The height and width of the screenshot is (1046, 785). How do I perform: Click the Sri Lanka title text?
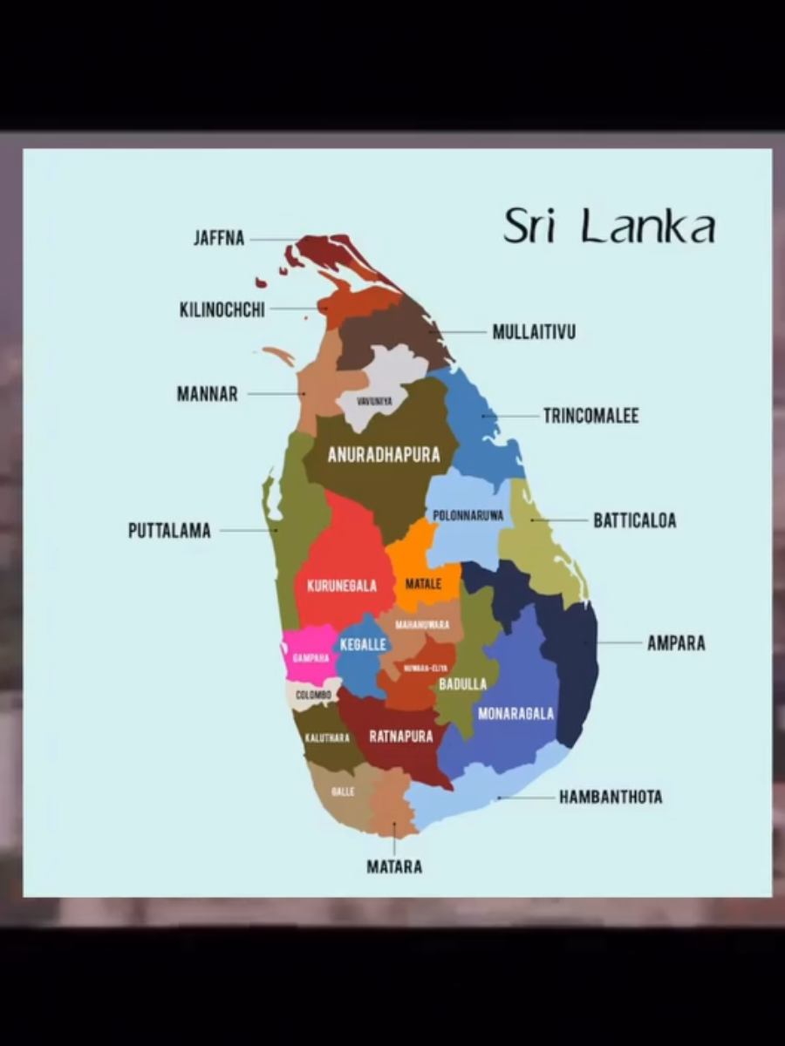(609, 226)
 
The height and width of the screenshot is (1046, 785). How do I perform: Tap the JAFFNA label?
(219, 238)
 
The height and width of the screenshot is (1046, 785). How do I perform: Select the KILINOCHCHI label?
(222, 309)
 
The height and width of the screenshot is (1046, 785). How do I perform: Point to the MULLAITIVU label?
(534, 332)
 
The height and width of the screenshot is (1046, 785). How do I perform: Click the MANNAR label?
(207, 394)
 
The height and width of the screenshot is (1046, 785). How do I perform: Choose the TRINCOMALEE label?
(590, 416)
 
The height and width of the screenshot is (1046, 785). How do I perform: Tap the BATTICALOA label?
(634, 520)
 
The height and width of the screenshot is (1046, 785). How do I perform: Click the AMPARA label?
(676, 643)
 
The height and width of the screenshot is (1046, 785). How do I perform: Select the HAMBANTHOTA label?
(611, 797)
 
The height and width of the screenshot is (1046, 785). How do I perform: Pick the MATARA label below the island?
(394, 866)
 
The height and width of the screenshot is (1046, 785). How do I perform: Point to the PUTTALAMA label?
(169, 531)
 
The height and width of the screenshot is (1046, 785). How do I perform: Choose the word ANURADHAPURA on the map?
(383, 455)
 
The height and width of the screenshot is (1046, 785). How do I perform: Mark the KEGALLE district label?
(363, 643)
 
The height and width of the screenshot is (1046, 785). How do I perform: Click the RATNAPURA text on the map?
(401, 737)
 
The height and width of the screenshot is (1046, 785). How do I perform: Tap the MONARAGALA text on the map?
(515, 714)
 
